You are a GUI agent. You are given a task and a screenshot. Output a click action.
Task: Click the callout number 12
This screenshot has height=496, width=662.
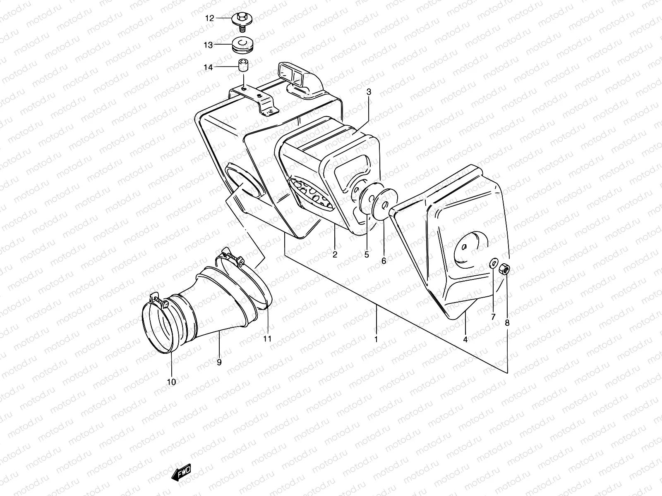coord(210,18)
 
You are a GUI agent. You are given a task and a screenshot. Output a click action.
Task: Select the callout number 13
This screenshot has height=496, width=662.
coord(208,45)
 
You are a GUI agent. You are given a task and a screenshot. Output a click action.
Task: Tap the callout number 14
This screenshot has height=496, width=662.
coord(208,67)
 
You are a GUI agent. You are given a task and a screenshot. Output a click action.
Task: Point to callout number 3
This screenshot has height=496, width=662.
coord(369,93)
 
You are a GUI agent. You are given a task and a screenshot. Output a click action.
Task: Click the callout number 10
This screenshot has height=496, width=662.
coord(171,382)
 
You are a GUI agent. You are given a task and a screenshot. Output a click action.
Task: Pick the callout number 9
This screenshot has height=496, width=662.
coord(219,362)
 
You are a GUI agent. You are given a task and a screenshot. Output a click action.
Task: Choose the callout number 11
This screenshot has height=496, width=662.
coord(267,339)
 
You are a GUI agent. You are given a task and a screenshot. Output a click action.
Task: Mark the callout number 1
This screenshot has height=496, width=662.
coord(376,339)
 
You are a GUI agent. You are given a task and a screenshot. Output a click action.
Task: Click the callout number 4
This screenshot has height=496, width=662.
coord(465,339)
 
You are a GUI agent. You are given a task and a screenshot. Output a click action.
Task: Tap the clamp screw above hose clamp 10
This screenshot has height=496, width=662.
coord(160,302)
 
